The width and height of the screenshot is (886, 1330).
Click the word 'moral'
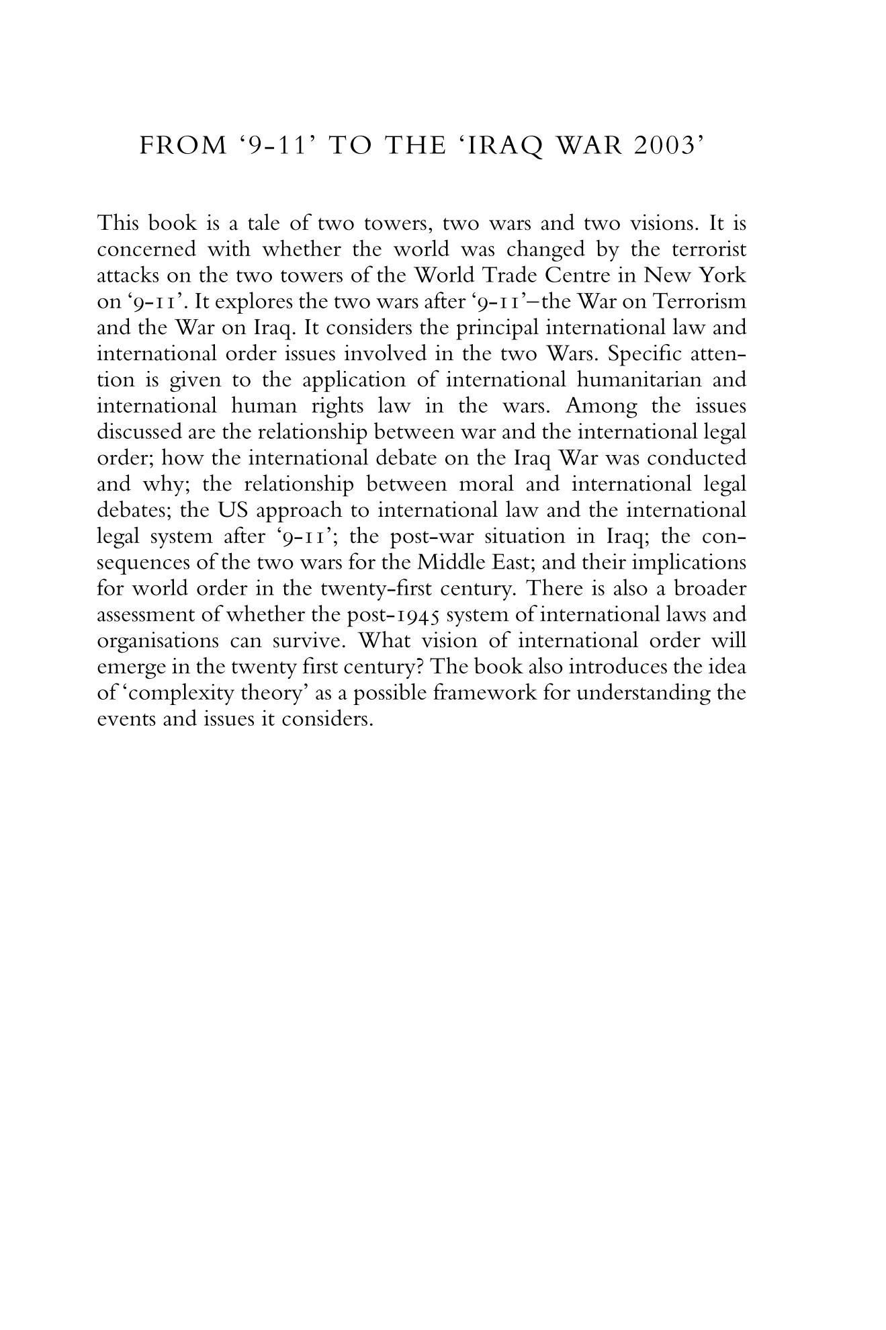point(488,485)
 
